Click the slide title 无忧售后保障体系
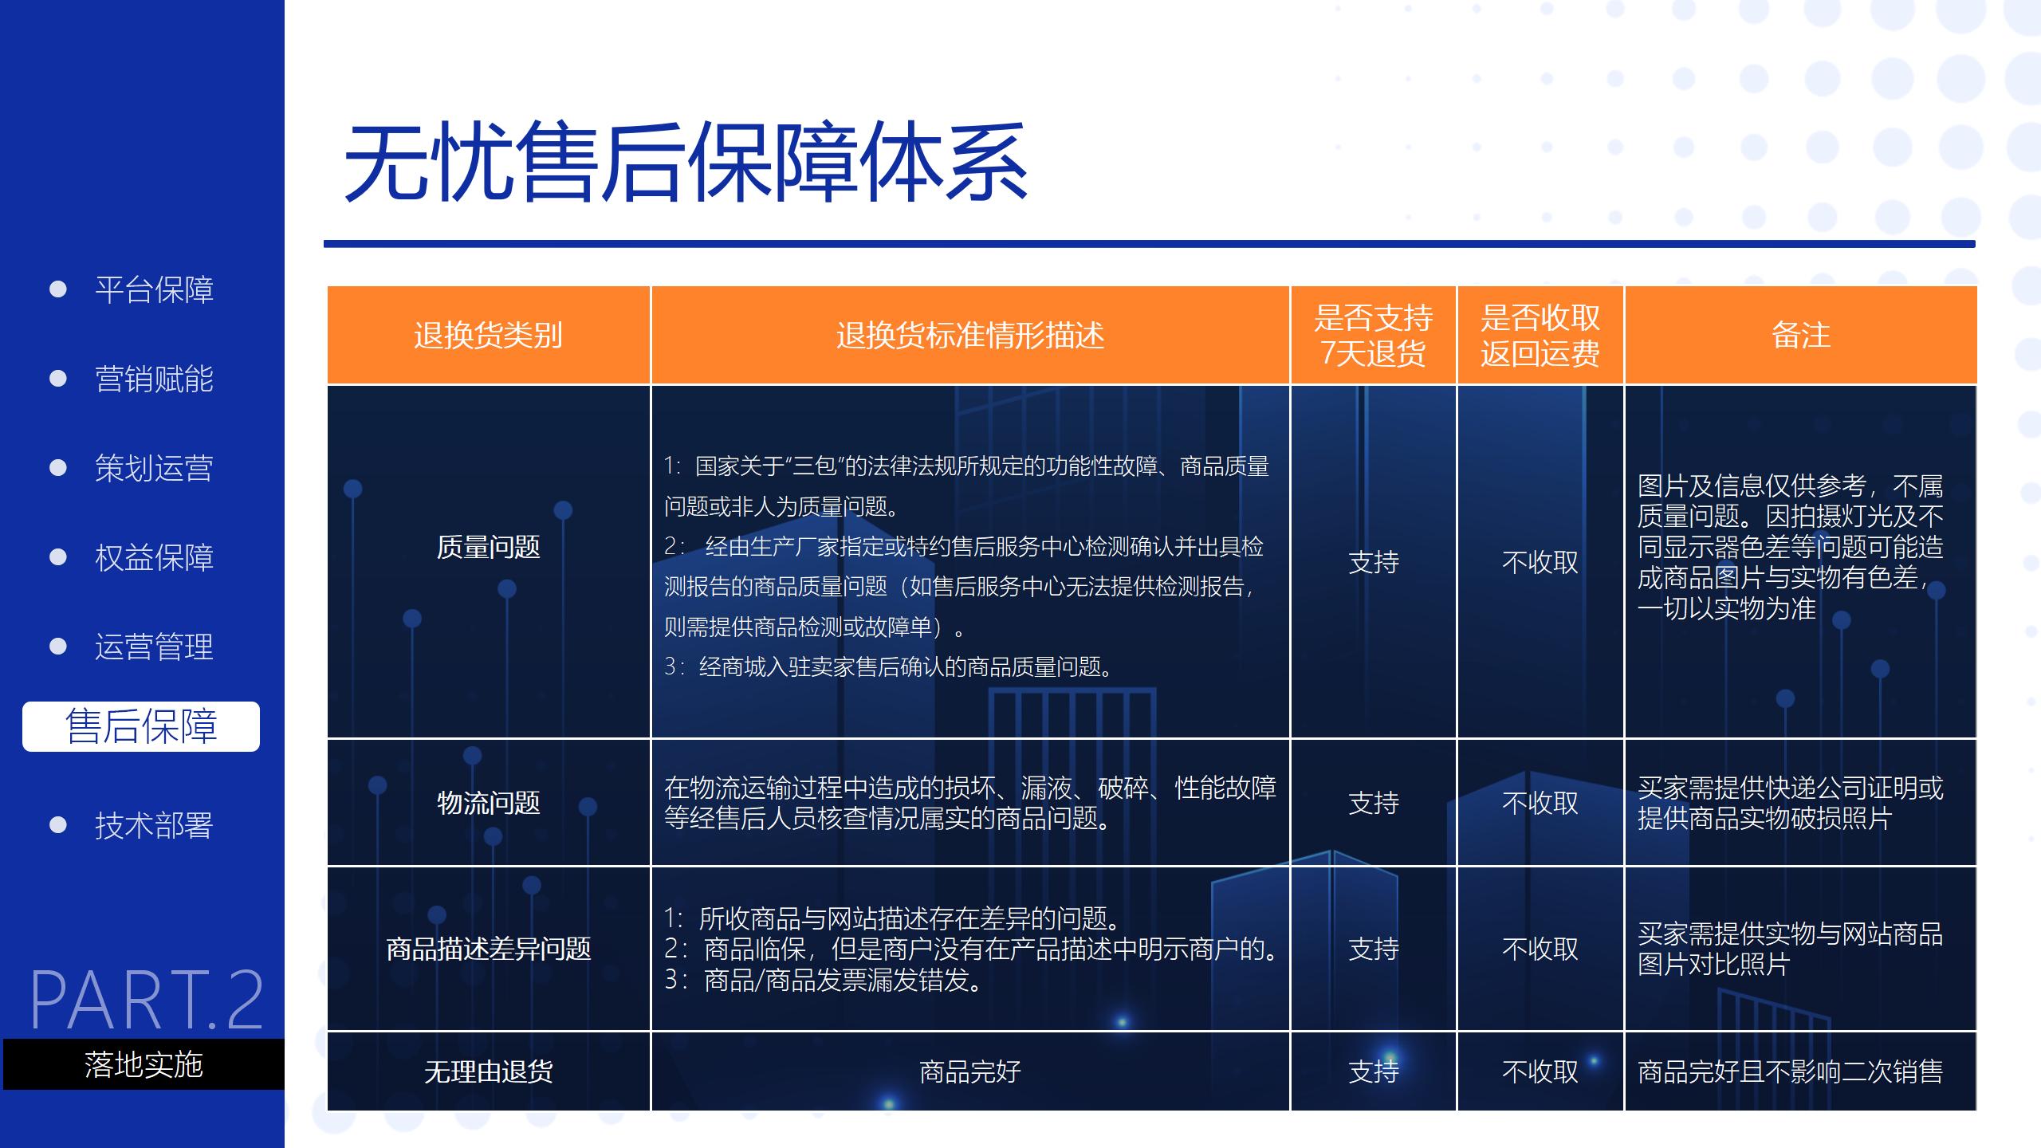pyautogui.click(x=686, y=163)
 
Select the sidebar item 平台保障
pyautogui.click(x=154, y=289)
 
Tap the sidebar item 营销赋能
pyautogui.click(x=154, y=379)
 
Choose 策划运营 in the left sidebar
pyautogui.click(x=154, y=468)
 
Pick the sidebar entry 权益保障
pyautogui.click(x=154, y=557)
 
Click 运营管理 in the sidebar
pyautogui.click(x=154, y=647)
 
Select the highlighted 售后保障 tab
pyautogui.click(x=141, y=726)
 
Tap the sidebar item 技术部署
pyautogui.click(x=154, y=825)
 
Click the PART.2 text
pyautogui.click(x=147, y=1000)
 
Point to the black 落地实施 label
pyautogui.click(x=144, y=1064)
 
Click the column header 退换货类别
pyautogui.click(x=488, y=335)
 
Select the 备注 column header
pyautogui.click(x=1800, y=335)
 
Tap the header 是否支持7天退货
pyautogui.click(x=1373, y=335)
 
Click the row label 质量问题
pyautogui.click(x=488, y=547)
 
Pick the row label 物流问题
pyautogui.click(x=488, y=802)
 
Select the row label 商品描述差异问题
pyautogui.click(x=488, y=949)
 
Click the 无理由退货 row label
pyautogui.click(x=488, y=1071)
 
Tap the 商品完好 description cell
pyautogui.click(x=969, y=1071)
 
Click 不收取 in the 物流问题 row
pyautogui.click(x=1540, y=803)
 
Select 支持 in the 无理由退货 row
pyautogui.click(x=1373, y=1071)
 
